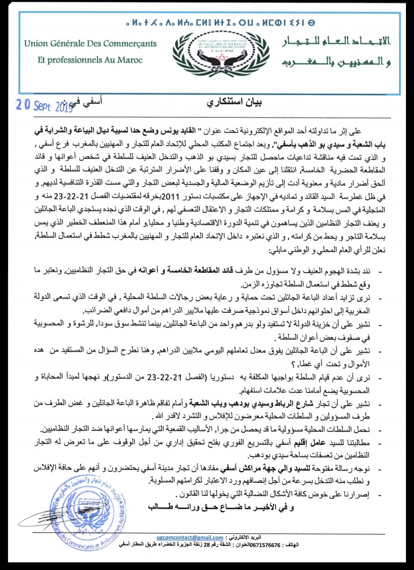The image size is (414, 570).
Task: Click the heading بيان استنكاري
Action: [234, 103]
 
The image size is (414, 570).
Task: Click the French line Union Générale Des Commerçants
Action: [90, 44]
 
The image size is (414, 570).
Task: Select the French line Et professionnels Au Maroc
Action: [90, 60]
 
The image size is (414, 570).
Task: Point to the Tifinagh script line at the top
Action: [220, 23]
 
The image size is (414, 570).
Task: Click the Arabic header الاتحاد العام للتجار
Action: [336, 41]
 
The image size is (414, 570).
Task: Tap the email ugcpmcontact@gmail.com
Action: [190, 537]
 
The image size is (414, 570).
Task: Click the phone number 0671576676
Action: [265, 545]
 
